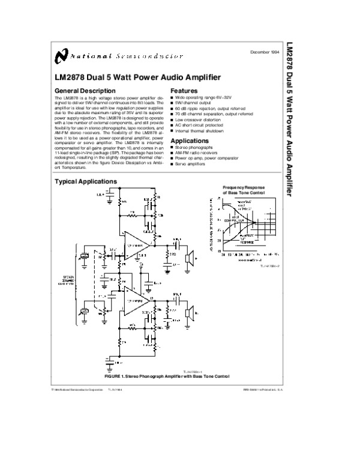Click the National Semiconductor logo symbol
point(60,55)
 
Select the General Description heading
point(85,90)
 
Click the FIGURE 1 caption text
point(167,375)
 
